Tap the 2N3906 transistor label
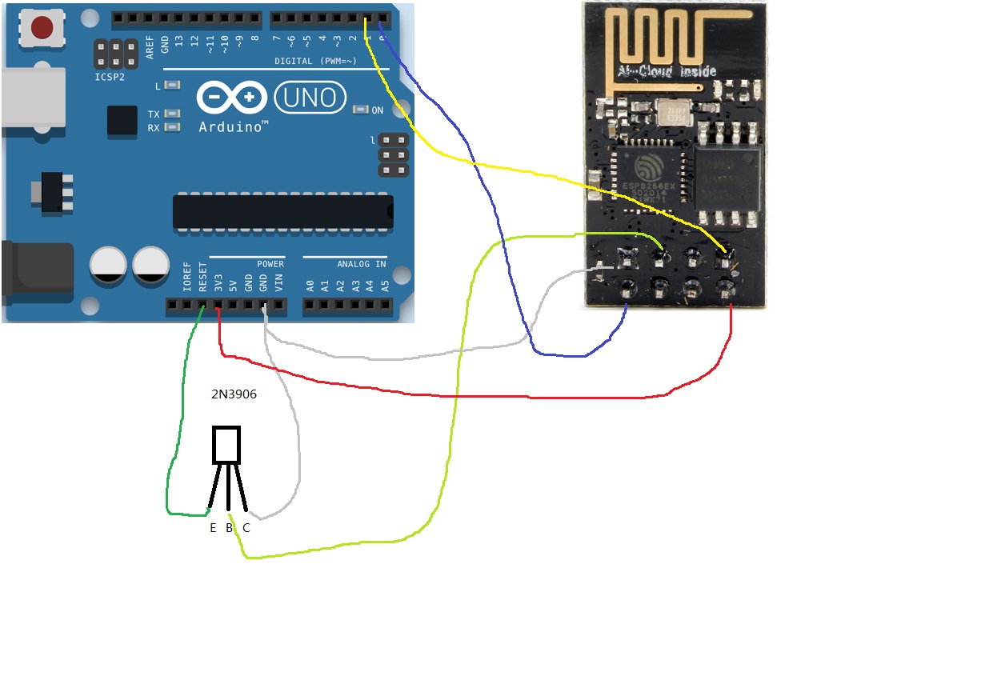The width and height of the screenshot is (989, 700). [233, 394]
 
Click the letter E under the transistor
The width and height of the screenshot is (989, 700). [213, 528]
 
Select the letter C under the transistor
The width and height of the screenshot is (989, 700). [246, 528]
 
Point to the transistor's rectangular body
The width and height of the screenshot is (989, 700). [226, 446]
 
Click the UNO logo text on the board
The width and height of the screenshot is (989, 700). [310, 98]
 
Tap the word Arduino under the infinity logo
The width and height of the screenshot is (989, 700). [233, 126]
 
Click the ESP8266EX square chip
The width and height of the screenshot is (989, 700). [647, 178]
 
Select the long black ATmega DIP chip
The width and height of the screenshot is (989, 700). [283, 211]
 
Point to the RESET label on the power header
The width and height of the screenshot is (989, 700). [203, 276]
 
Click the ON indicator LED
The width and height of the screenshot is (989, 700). [361, 110]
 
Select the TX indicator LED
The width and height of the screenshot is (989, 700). [171, 114]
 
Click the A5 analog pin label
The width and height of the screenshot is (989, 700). [385, 283]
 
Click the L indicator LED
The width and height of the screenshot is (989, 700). [171, 85]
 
